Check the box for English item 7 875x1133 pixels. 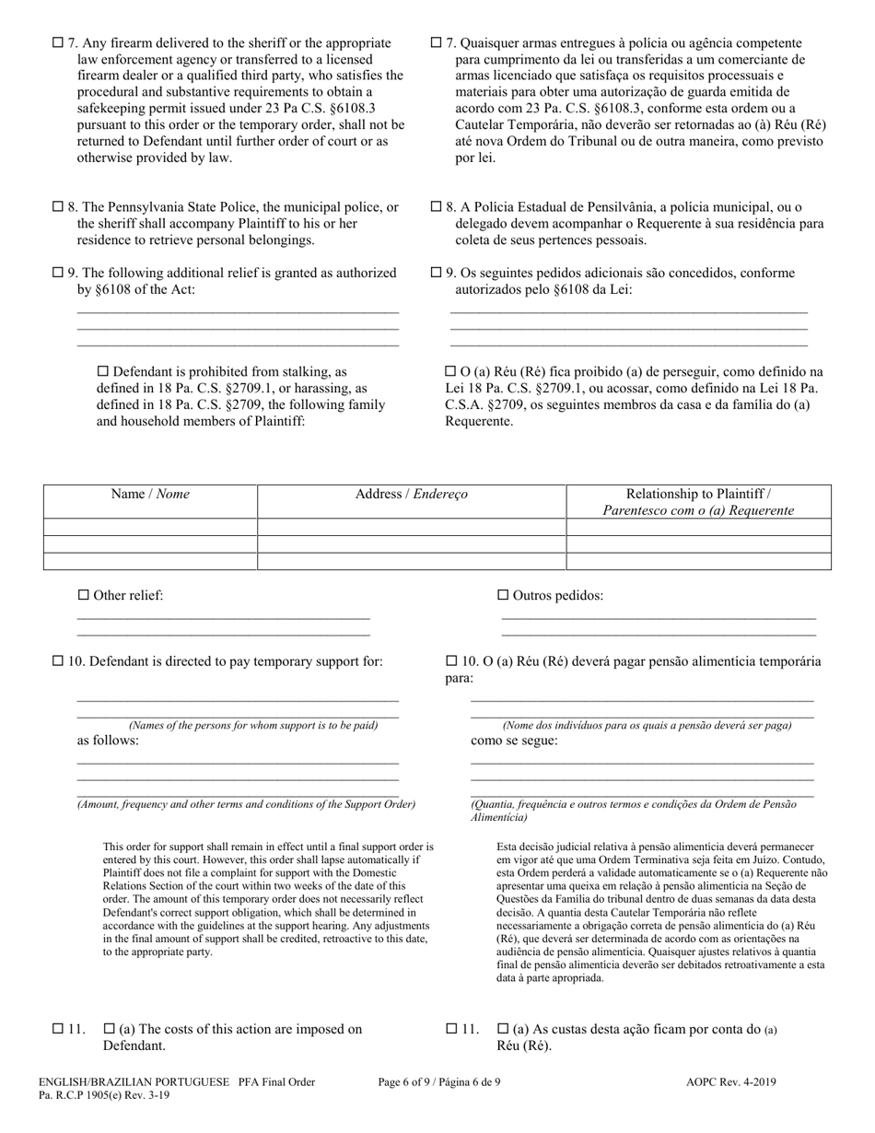click(58, 43)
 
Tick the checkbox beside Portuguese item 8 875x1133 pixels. click(437, 207)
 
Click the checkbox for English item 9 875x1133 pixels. click(58, 274)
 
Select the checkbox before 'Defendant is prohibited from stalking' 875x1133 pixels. click(102, 372)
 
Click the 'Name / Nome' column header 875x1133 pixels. click(150, 495)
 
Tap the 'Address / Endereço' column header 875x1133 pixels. click(411, 495)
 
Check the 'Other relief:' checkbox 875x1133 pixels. click(83, 596)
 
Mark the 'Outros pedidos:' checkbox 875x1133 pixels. click(503, 596)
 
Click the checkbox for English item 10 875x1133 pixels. click(58, 661)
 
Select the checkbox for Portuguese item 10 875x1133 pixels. click(451, 661)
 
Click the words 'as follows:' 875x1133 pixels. click(108, 741)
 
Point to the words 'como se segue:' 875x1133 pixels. click(514, 741)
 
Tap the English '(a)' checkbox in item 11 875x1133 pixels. click(109, 1029)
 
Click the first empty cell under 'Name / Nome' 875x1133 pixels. click(150, 527)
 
